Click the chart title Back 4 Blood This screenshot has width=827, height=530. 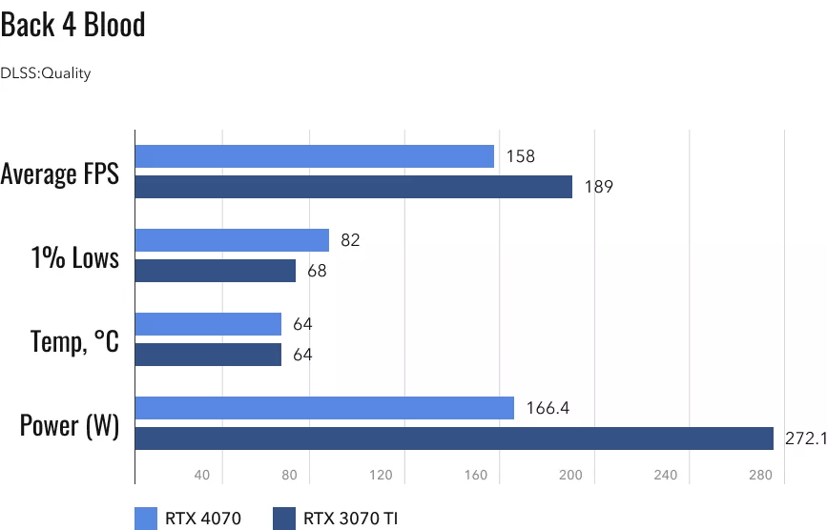(73, 25)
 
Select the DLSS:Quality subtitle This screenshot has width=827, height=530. (46, 73)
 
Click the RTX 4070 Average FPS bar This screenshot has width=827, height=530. (315, 156)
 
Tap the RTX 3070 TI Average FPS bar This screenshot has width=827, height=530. (354, 187)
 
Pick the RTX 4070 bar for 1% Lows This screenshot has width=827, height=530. (232, 240)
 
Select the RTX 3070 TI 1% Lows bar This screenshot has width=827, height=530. (216, 271)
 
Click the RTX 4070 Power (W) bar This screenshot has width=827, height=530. (324, 408)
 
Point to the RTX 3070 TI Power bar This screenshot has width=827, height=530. (454, 438)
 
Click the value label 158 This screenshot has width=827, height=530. (520, 156)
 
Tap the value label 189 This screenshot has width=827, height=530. (598, 187)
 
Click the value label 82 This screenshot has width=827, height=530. (350, 240)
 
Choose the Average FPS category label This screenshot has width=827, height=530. (60, 173)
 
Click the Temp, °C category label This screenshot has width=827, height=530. (74, 340)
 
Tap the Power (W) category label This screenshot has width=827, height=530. (70, 424)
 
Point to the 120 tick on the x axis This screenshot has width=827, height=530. (382, 475)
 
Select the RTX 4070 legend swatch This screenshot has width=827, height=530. (147, 519)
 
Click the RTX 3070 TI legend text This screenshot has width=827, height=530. (351, 519)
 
